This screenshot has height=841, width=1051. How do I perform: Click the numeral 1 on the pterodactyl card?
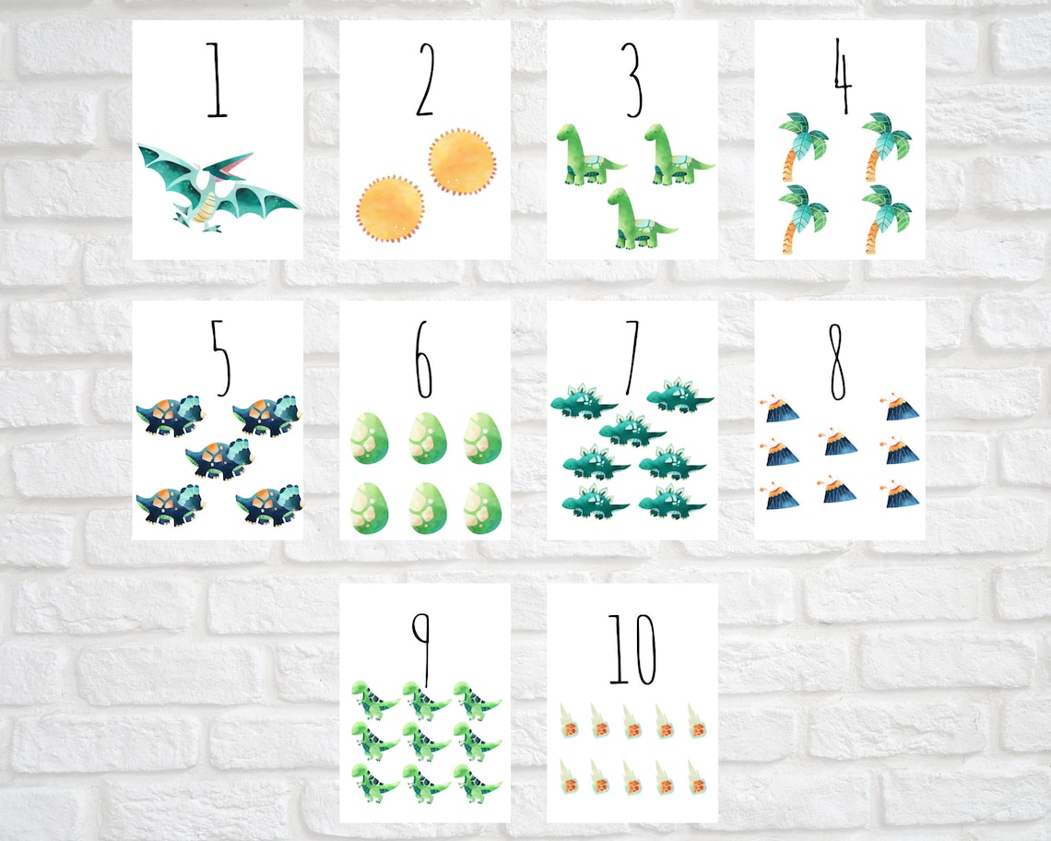coord(217,80)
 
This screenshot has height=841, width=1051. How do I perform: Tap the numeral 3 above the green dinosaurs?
coord(632,80)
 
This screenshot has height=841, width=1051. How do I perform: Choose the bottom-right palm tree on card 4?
coord(883,218)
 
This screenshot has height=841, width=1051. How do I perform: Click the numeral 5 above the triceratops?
coord(218,360)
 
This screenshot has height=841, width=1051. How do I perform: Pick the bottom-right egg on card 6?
coord(482,506)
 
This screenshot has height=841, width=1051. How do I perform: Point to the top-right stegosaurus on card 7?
coord(679,394)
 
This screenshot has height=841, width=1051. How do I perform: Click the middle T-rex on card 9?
coord(426,740)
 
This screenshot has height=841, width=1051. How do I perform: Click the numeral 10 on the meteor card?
coord(632,650)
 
